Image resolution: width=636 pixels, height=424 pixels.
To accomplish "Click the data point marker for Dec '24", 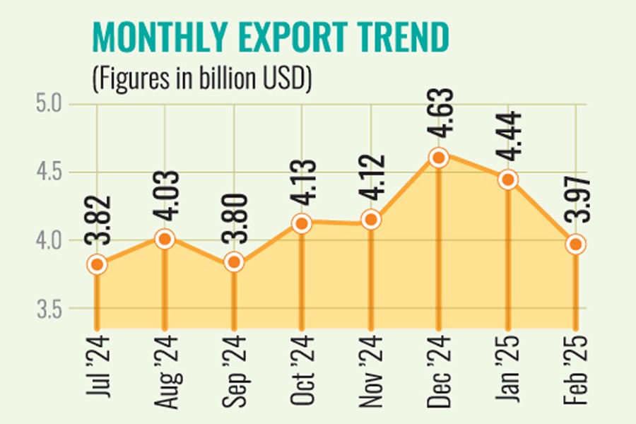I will click(x=439, y=158).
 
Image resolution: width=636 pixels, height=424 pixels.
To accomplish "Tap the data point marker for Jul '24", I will click(x=97, y=264).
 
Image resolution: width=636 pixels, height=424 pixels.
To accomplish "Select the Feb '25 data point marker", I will click(x=577, y=245).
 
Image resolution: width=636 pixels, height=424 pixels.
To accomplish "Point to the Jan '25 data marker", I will click(x=508, y=179).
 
